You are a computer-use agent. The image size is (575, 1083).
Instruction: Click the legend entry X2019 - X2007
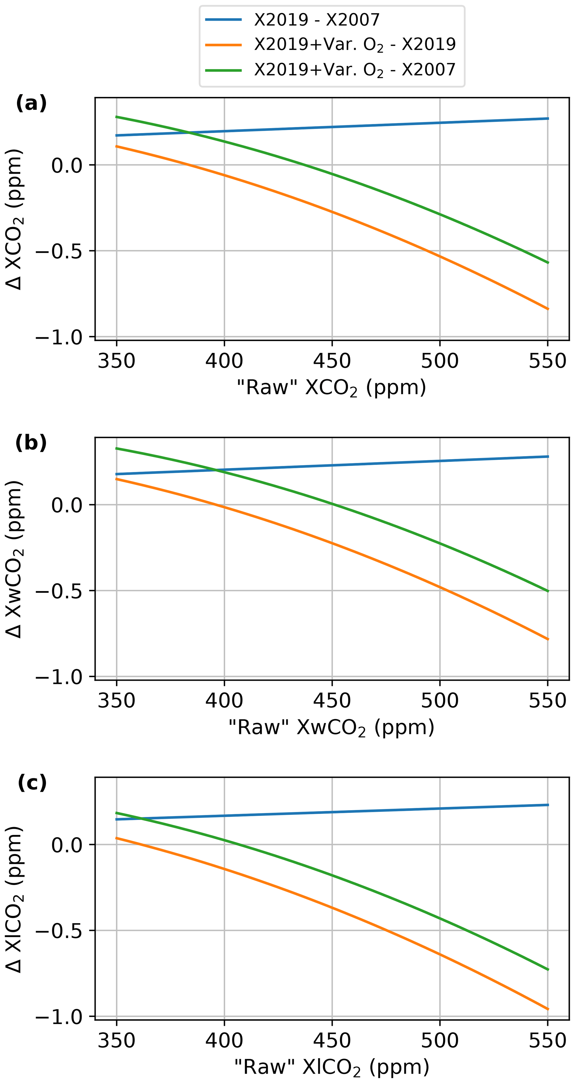click(x=317, y=20)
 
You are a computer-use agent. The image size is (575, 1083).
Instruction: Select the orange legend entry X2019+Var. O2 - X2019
click(x=354, y=44)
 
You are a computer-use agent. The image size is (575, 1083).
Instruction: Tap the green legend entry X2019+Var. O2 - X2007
click(x=354, y=69)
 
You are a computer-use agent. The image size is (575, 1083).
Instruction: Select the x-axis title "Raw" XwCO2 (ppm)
click(x=331, y=727)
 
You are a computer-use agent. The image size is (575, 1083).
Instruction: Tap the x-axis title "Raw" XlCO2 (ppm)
click(x=331, y=1067)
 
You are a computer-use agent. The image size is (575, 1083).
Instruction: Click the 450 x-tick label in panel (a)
click(x=332, y=361)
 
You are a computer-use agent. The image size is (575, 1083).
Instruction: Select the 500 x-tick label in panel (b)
click(x=440, y=701)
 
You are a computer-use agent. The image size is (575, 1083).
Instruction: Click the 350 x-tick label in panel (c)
click(x=116, y=1040)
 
